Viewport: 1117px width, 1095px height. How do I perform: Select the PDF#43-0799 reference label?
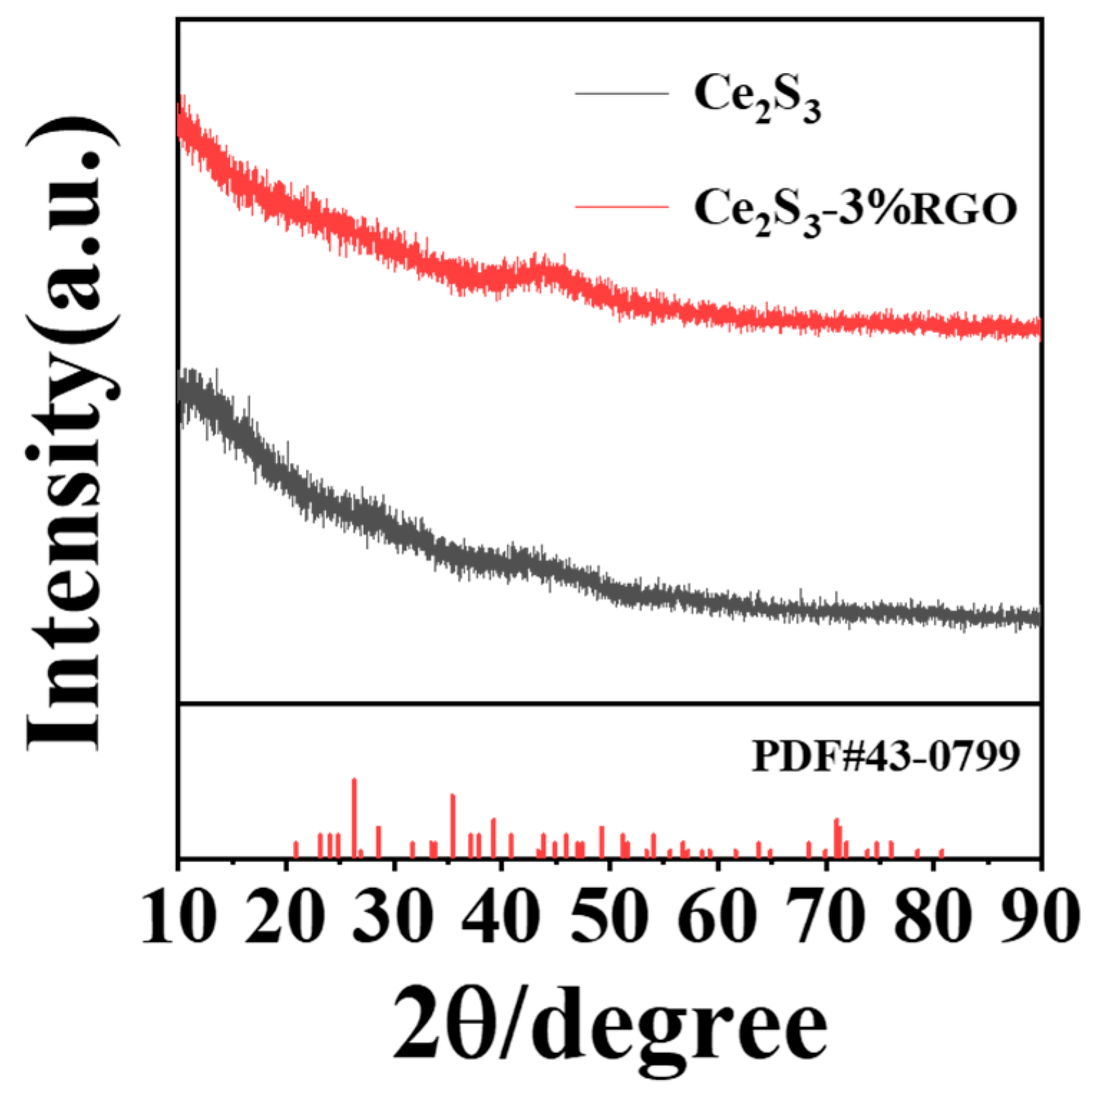(886, 755)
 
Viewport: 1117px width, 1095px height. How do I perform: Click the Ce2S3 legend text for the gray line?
(757, 96)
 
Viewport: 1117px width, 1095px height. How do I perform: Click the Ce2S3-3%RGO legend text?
(855, 209)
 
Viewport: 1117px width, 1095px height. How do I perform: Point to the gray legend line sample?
(621, 93)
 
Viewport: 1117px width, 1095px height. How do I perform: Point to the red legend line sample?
(621, 207)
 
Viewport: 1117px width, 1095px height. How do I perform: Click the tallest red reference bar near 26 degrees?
(354, 817)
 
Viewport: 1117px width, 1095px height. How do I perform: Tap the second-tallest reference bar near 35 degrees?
(453, 826)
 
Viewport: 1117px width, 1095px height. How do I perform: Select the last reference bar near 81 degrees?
(941, 853)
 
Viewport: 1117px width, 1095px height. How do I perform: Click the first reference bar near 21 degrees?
(296, 849)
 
